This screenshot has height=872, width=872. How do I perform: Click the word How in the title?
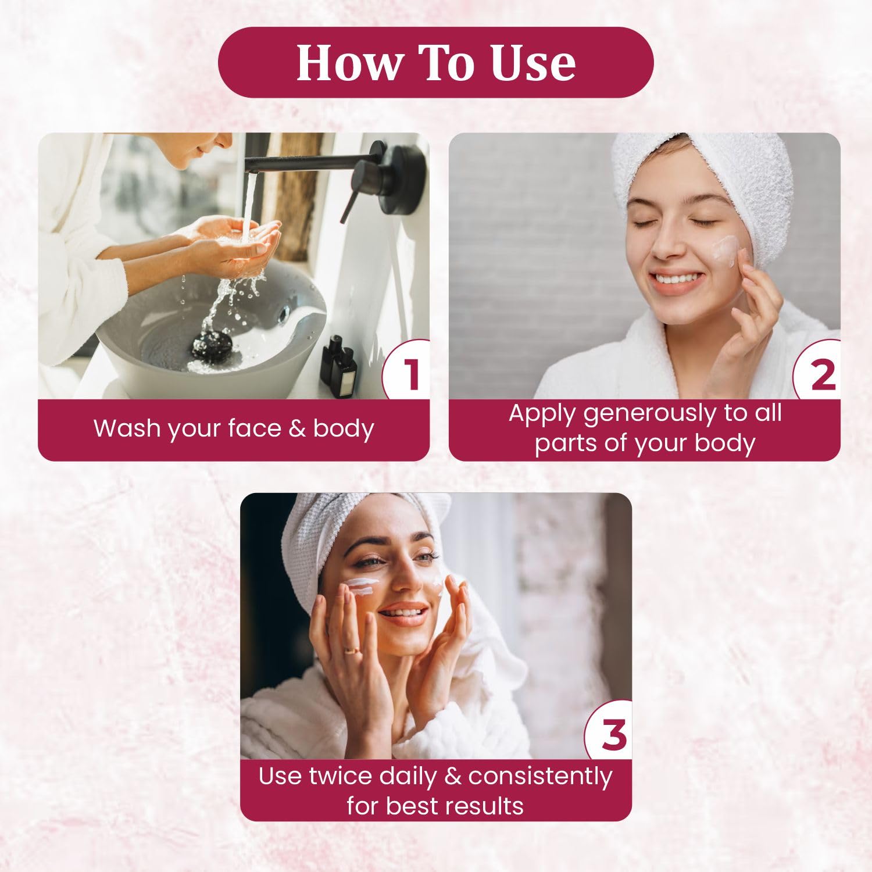coord(347,62)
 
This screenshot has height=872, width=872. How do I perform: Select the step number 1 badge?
coord(406,370)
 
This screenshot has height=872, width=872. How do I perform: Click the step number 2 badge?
coord(817,370)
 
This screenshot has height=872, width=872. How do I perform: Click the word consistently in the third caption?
coord(540,777)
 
